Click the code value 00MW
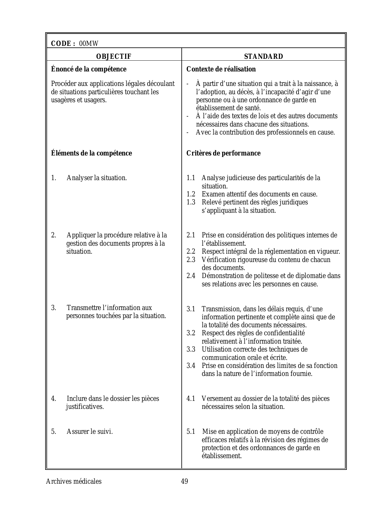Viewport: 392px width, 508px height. [x=89, y=44]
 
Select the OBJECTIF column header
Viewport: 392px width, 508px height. [x=113, y=57]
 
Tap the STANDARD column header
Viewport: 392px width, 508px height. [x=263, y=57]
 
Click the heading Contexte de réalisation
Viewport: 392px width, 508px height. [x=221, y=69]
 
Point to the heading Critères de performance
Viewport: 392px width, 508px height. [x=224, y=153]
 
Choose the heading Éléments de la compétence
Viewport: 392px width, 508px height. [x=91, y=153]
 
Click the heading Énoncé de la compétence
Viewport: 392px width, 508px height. [x=89, y=69]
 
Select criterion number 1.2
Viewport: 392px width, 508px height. [x=191, y=194]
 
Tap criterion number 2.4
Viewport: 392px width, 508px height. [x=191, y=276]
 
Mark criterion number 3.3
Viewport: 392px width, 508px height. [x=191, y=349]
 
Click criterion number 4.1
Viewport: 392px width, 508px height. [x=191, y=399]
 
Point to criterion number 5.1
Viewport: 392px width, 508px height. [x=191, y=432]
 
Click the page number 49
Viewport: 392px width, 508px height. [x=184, y=482]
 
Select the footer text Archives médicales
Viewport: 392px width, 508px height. [x=73, y=482]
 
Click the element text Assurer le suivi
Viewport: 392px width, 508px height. [x=90, y=432]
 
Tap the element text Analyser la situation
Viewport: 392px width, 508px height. [x=97, y=178]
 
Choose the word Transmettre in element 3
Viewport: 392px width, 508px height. [x=84, y=308]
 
